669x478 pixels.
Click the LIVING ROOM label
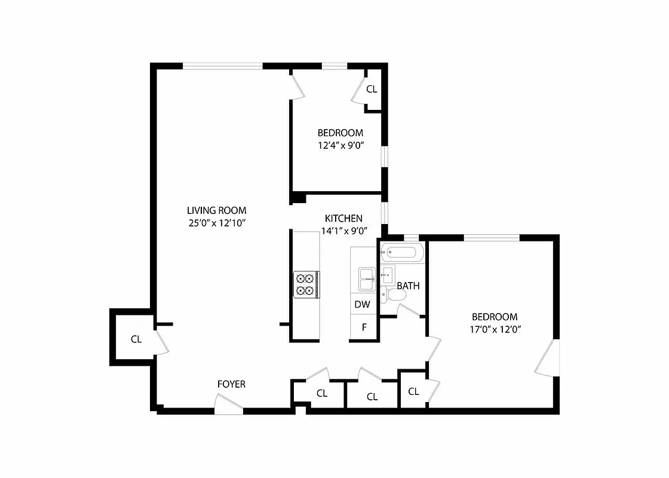coord(216,210)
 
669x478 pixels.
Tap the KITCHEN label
coord(343,218)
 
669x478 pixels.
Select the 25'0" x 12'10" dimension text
coord(216,223)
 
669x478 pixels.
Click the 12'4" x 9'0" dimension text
coord(340,145)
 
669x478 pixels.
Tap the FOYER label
coord(231,384)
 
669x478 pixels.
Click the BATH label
coord(408,286)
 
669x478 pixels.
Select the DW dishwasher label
coord(363,304)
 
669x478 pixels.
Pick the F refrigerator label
coord(364,327)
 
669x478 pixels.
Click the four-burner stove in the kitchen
coord(306,284)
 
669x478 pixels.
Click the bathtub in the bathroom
coord(403,253)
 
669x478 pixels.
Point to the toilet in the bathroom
coord(389,294)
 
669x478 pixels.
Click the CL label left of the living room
coord(136,339)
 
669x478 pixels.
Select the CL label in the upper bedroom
coord(372,90)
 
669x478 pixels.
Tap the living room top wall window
coord(223,66)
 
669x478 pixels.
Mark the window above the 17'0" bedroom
coord(492,238)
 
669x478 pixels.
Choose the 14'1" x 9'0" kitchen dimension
coord(343,231)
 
